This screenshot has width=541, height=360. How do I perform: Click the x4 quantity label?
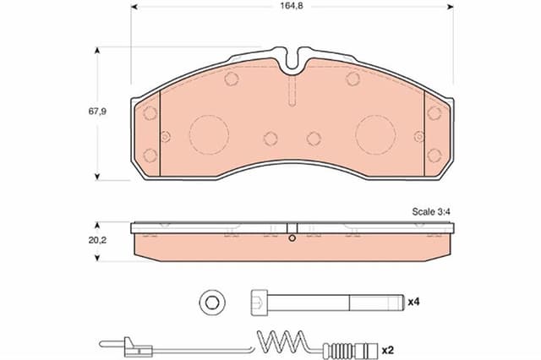[413, 301]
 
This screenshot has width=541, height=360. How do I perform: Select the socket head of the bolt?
[260, 301]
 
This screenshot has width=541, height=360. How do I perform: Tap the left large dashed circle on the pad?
[208, 134]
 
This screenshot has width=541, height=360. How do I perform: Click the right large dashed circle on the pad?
[375, 134]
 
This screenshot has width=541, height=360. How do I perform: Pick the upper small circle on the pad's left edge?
[150, 112]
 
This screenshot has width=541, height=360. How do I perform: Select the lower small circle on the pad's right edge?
[434, 155]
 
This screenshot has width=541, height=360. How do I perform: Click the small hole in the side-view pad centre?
[292, 238]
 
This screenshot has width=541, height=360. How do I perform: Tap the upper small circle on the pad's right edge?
[434, 112]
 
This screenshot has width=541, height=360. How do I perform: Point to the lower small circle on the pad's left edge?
[150, 155]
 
